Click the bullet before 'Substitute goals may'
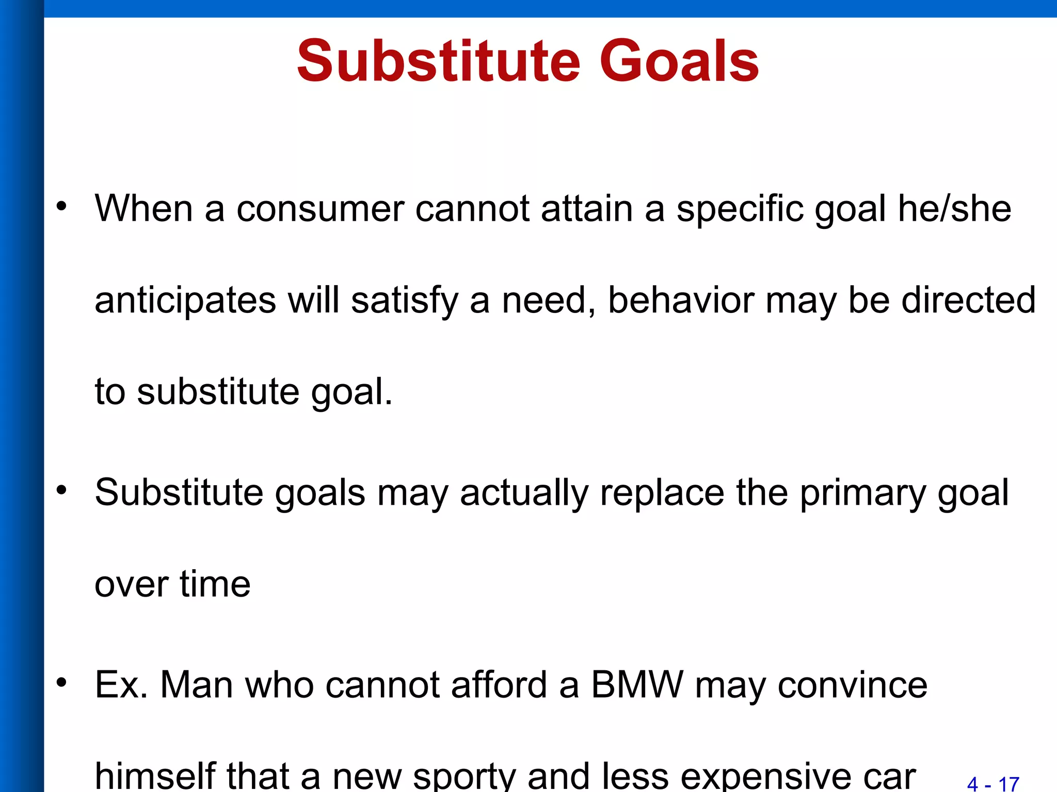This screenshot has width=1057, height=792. click(x=62, y=490)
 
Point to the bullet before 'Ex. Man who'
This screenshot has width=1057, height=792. click(x=62, y=683)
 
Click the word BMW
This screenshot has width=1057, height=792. click(x=636, y=685)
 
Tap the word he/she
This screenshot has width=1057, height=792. click(x=954, y=209)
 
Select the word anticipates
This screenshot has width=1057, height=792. click(x=185, y=301)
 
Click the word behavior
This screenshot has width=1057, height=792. click(x=681, y=300)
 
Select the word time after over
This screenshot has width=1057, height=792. click(x=215, y=584)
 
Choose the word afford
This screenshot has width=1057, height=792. click(x=499, y=685)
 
